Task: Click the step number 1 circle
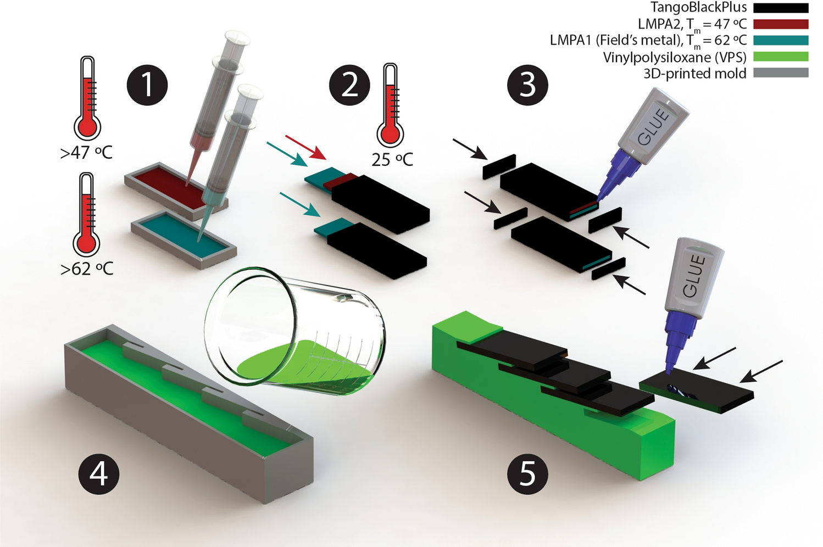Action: tap(147, 85)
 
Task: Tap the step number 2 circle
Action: tap(349, 85)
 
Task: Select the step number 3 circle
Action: tap(527, 85)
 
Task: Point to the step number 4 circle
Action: tap(99, 474)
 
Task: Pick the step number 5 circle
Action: tap(527, 474)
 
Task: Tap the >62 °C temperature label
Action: tap(87, 269)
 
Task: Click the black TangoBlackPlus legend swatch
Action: tap(781, 8)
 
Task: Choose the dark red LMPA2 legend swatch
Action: tap(781, 24)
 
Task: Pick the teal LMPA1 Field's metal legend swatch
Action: tap(781, 40)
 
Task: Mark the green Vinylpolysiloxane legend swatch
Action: tap(781, 56)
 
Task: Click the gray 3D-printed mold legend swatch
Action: tap(781, 72)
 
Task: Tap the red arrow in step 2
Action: tap(305, 147)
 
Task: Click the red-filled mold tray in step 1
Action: tap(176, 191)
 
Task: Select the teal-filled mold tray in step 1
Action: tap(183, 239)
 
